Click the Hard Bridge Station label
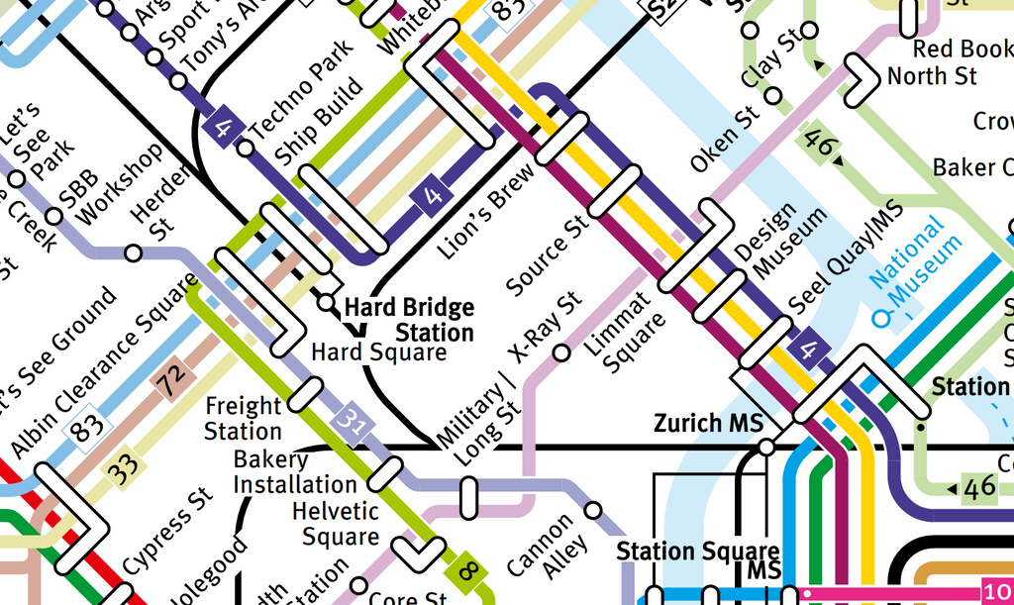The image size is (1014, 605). coord(409,320)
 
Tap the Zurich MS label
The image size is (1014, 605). coord(708,424)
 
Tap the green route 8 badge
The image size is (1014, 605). coord(467,570)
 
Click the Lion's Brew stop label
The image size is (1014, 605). coord(485,211)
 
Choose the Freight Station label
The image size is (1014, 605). coord(243,419)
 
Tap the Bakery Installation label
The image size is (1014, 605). coord(294,472)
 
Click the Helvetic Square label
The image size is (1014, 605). coord(336,524)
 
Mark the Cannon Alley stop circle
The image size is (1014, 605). coord(592,511)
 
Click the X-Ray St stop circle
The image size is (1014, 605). coord(560,353)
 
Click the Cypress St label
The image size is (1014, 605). coord(167,530)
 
